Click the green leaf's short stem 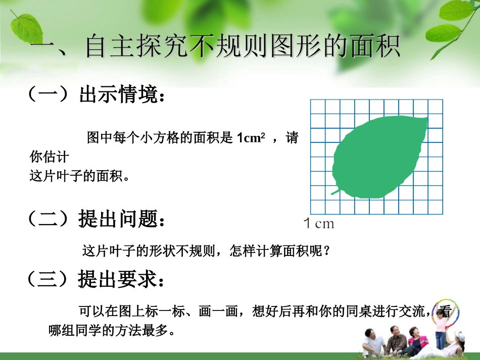tap(335, 191)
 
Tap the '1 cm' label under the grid tap(319, 223)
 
